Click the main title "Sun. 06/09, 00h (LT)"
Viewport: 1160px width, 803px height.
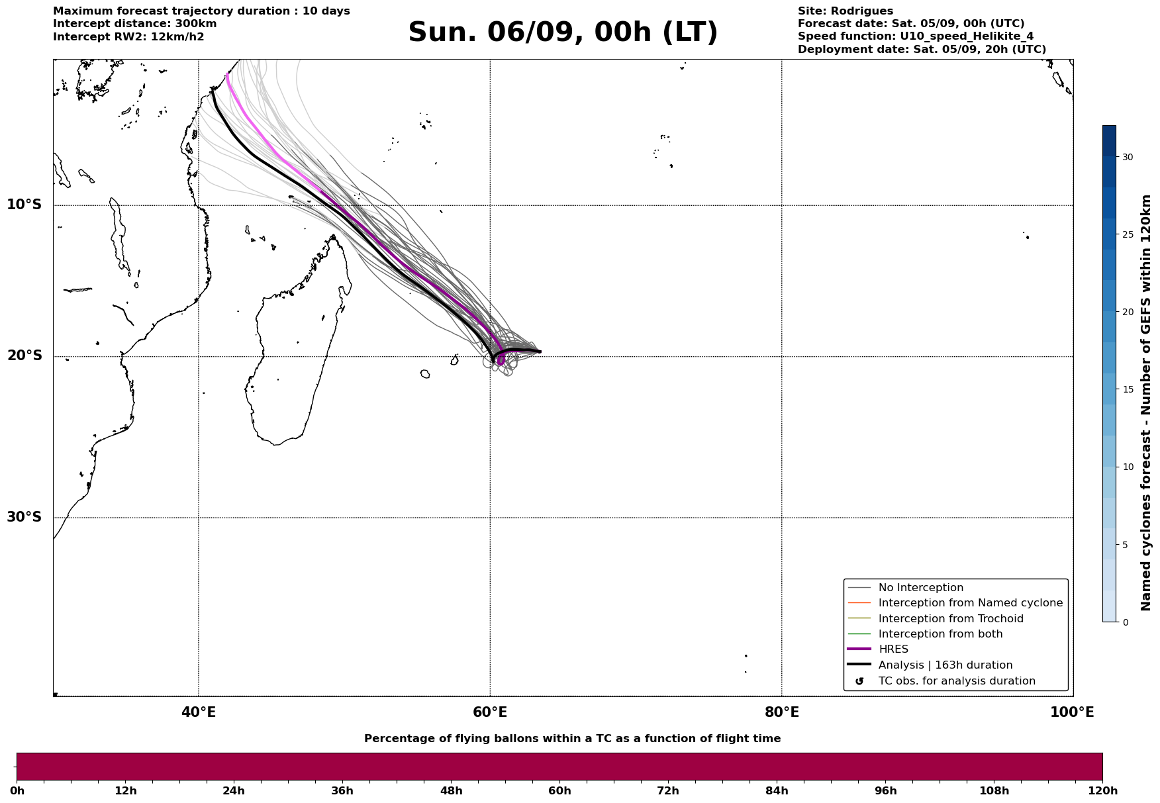pos(563,32)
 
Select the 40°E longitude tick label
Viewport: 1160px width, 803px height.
pos(199,713)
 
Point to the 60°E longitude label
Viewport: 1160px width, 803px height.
pos(490,713)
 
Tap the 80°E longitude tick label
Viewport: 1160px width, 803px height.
pos(782,713)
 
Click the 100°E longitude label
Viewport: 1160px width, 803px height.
pos(1072,713)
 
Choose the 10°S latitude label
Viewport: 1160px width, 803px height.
pos(24,205)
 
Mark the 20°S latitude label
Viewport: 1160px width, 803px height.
pos(24,356)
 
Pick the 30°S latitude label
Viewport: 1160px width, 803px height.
pos(24,517)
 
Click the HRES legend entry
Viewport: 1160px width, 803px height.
pos(893,649)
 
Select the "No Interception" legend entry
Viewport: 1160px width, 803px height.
pos(920,588)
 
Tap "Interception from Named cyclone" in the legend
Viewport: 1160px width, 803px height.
pos(970,603)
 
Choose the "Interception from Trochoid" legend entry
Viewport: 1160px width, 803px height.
pos(951,619)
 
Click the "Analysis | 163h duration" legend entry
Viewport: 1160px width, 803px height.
pos(945,665)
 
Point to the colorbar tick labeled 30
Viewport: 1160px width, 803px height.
pos(1127,157)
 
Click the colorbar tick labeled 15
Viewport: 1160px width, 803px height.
pos(1127,389)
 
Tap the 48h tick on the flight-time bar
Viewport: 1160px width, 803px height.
pos(451,791)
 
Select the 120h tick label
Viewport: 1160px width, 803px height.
pos(1102,791)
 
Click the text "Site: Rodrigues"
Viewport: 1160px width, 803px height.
pos(845,11)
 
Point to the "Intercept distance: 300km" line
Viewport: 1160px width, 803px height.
pos(134,24)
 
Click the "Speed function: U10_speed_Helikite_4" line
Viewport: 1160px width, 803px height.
pos(915,36)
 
